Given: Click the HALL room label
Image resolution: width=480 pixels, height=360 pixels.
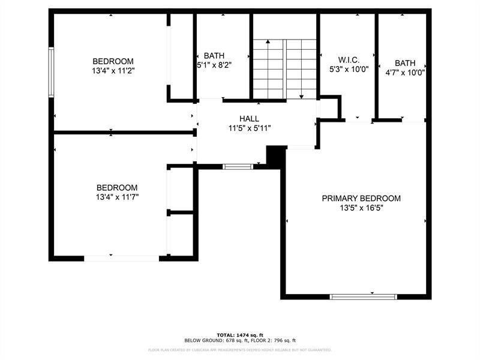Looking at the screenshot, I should point(249,119).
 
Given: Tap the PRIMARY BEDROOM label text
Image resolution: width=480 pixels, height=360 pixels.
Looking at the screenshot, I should point(361,199).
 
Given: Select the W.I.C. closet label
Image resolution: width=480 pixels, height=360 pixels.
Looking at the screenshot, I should point(349,59).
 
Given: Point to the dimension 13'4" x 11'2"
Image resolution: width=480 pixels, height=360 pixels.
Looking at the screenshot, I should point(113,71).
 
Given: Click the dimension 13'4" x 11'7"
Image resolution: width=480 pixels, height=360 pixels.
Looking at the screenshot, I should point(117,197).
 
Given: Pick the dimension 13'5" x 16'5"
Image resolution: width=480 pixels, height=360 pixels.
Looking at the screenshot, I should point(361,208).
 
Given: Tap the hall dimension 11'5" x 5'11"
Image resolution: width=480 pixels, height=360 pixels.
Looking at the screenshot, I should point(250,128).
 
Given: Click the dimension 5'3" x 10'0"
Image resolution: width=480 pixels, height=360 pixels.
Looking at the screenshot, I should point(349,69).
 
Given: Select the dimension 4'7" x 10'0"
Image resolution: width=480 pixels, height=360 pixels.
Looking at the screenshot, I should point(405,73).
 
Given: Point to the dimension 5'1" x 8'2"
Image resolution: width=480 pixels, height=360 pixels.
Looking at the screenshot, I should point(214,65).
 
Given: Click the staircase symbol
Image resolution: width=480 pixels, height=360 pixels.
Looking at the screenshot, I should point(284,70).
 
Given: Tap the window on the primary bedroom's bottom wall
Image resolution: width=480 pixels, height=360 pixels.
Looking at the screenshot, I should point(364,296).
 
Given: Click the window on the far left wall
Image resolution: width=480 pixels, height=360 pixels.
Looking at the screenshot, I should point(52,72).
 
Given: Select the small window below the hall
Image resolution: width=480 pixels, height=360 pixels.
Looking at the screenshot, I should point(238,166).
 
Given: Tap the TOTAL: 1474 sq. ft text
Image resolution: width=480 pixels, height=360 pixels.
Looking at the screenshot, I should point(240,334).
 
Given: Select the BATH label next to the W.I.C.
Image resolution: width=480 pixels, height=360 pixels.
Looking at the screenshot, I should point(405,63).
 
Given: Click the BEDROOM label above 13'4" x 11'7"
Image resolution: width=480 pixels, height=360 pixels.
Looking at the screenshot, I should point(117,187).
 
